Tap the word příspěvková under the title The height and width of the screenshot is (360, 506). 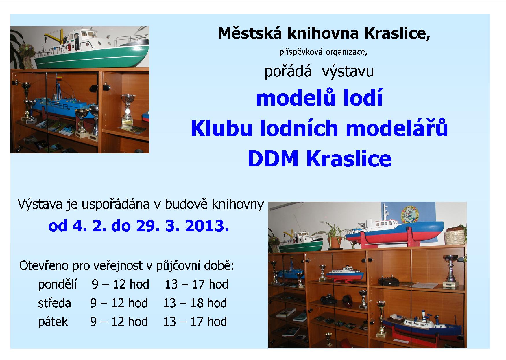coord(301,52)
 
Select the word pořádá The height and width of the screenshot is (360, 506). coord(288,71)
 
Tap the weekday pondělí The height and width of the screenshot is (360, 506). coord(57,284)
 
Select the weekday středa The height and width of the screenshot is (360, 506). coord(55,303)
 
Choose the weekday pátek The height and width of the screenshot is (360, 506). coord(53,322)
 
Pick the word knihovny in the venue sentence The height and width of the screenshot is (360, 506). coord(238,204)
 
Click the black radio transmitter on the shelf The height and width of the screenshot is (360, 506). coord(389,282)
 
